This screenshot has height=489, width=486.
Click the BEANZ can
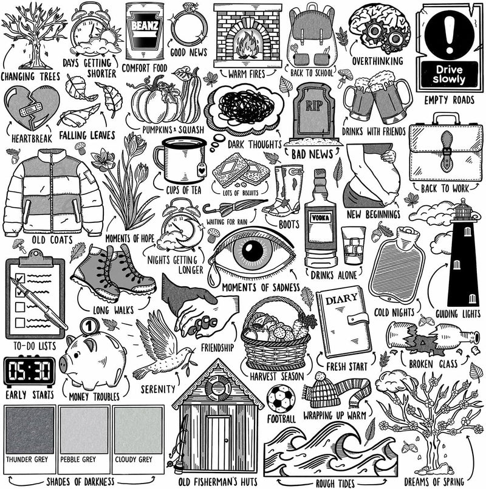[x=145, y=31]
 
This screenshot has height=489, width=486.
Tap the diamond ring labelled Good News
[x=189, y=28]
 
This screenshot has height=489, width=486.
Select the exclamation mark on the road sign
[x=449, y=34]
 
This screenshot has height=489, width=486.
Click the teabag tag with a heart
[x=202, y=170]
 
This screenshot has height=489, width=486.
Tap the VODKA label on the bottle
[x=320, y=217]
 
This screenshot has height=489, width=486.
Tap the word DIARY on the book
[x=341, y=299]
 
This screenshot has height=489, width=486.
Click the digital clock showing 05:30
[x=29, y=371]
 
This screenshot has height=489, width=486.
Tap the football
[x=281, y=398]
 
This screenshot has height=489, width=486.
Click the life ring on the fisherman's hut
[x=218, y=388]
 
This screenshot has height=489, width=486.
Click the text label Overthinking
[x=377, y=61]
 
